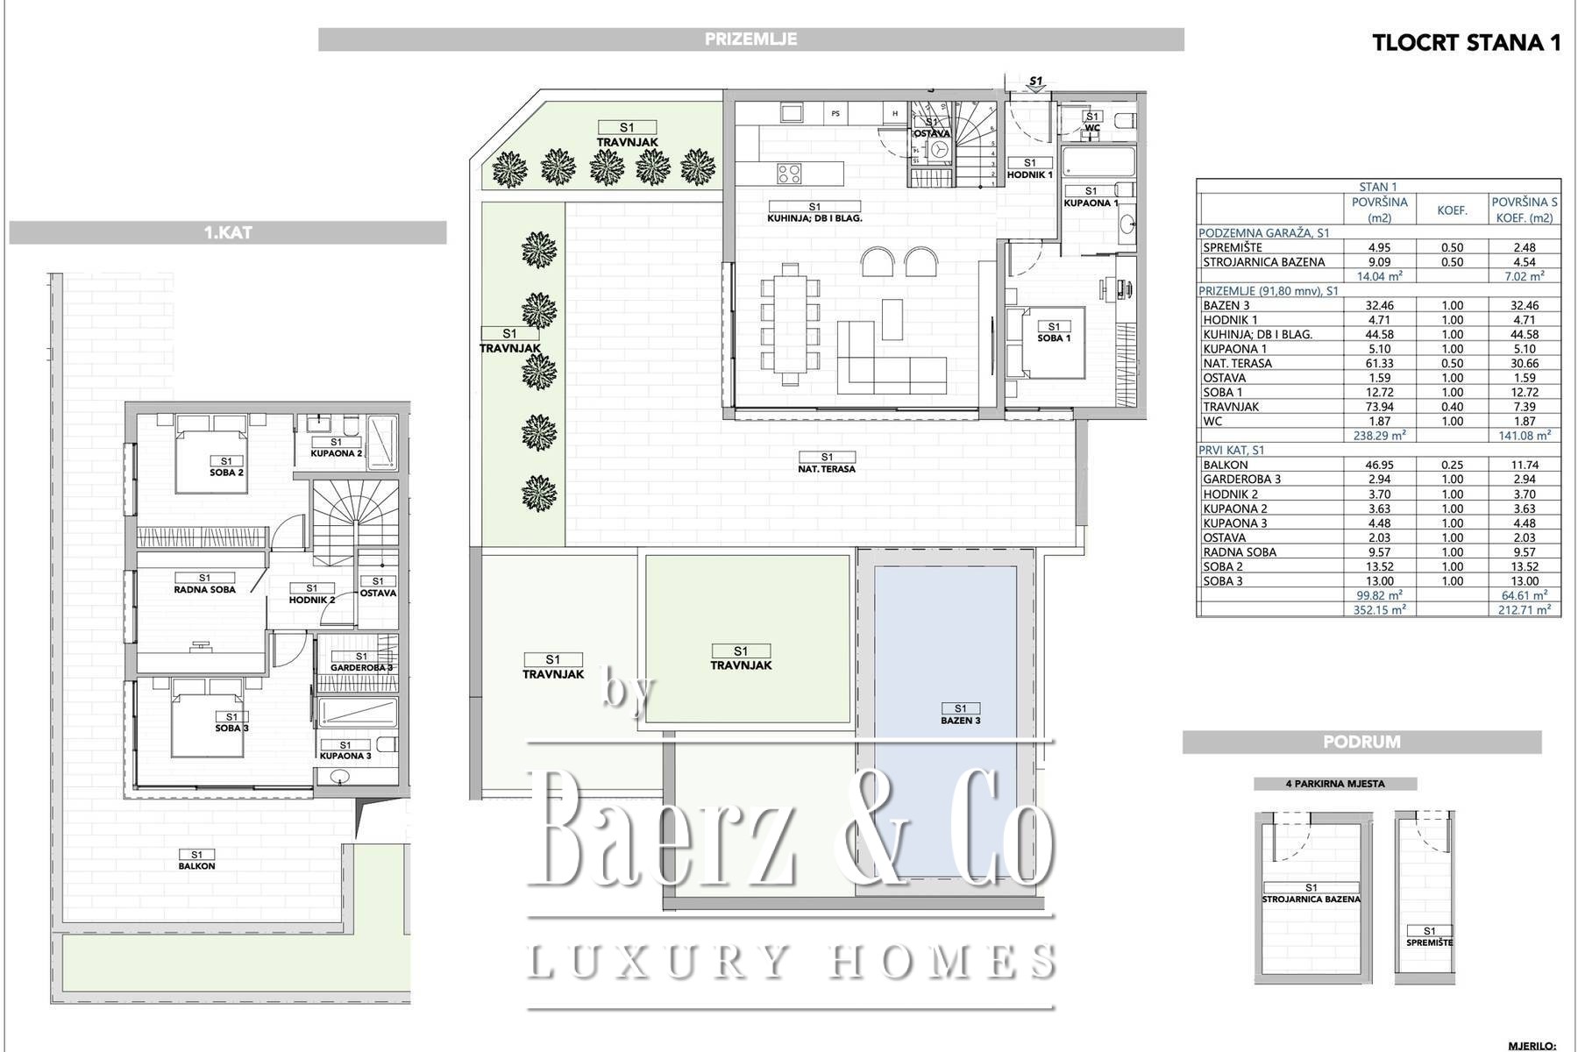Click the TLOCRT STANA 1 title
pos(1466,43)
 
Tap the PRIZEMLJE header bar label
pos(750,39)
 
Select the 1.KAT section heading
pos(228,233)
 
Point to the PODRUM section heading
pos(1361,743)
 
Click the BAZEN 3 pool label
pos(961,721)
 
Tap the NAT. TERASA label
pos(827,469)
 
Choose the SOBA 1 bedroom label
pos(1054,338)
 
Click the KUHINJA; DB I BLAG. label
pos(814,218)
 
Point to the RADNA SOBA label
pos(204,590)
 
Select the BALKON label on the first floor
pos(196,866)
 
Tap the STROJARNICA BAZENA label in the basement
pos(1311,899)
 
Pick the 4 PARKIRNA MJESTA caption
pos(1335,784)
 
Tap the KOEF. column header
pos(1453,210)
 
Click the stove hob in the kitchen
pos(788,174)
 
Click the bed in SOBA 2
pos(210,454)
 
